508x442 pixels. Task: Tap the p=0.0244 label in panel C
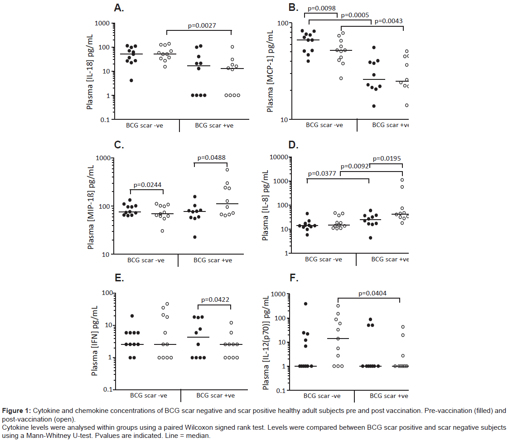coord(146,185)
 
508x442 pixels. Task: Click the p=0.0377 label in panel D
coord(323,174)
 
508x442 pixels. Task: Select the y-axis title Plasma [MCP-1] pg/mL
coord(270,71)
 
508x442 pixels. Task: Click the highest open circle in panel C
coord(227,170)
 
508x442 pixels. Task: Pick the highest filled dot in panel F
coord(305,304)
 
